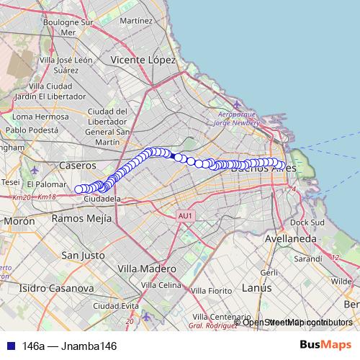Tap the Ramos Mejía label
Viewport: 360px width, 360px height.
coord(82,218)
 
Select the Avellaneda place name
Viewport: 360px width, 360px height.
coord(291,238)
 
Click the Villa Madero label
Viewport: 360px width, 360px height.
coord(146,268)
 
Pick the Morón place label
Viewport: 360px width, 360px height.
coord(19,222)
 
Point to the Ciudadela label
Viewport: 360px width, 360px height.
coord(102,198)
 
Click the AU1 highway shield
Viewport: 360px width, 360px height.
coord(186,215)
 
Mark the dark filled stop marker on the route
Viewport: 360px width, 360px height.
coord(178,156)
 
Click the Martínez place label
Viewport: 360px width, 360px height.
coord(137,22)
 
